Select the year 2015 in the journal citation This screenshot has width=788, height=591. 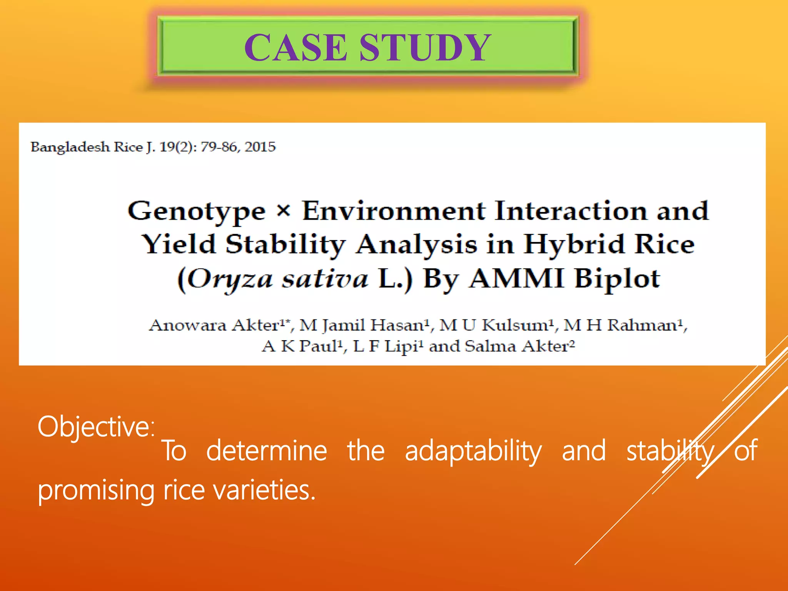click(x=260, y=147)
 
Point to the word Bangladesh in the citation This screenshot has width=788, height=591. click(x=70, y=147)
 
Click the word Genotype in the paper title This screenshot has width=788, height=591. click(x=197, y=212)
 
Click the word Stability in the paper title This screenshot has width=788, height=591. click(x=285, y=245)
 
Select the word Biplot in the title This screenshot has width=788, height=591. click(x=617, y=279)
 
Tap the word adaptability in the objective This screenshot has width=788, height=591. click(x=473, y=451)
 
